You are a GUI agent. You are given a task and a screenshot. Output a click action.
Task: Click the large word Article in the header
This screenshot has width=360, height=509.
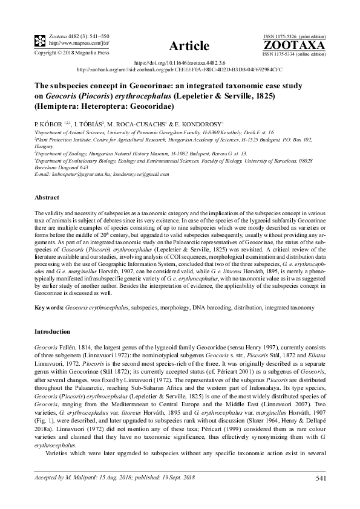pyautogui.click(x=189, y=46)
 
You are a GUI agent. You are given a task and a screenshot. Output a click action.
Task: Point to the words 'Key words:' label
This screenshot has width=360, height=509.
pyautogui.click(x=48, y=308)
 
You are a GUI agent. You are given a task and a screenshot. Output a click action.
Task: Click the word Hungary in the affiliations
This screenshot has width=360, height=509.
pyautogui.click(x=44, y=146)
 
